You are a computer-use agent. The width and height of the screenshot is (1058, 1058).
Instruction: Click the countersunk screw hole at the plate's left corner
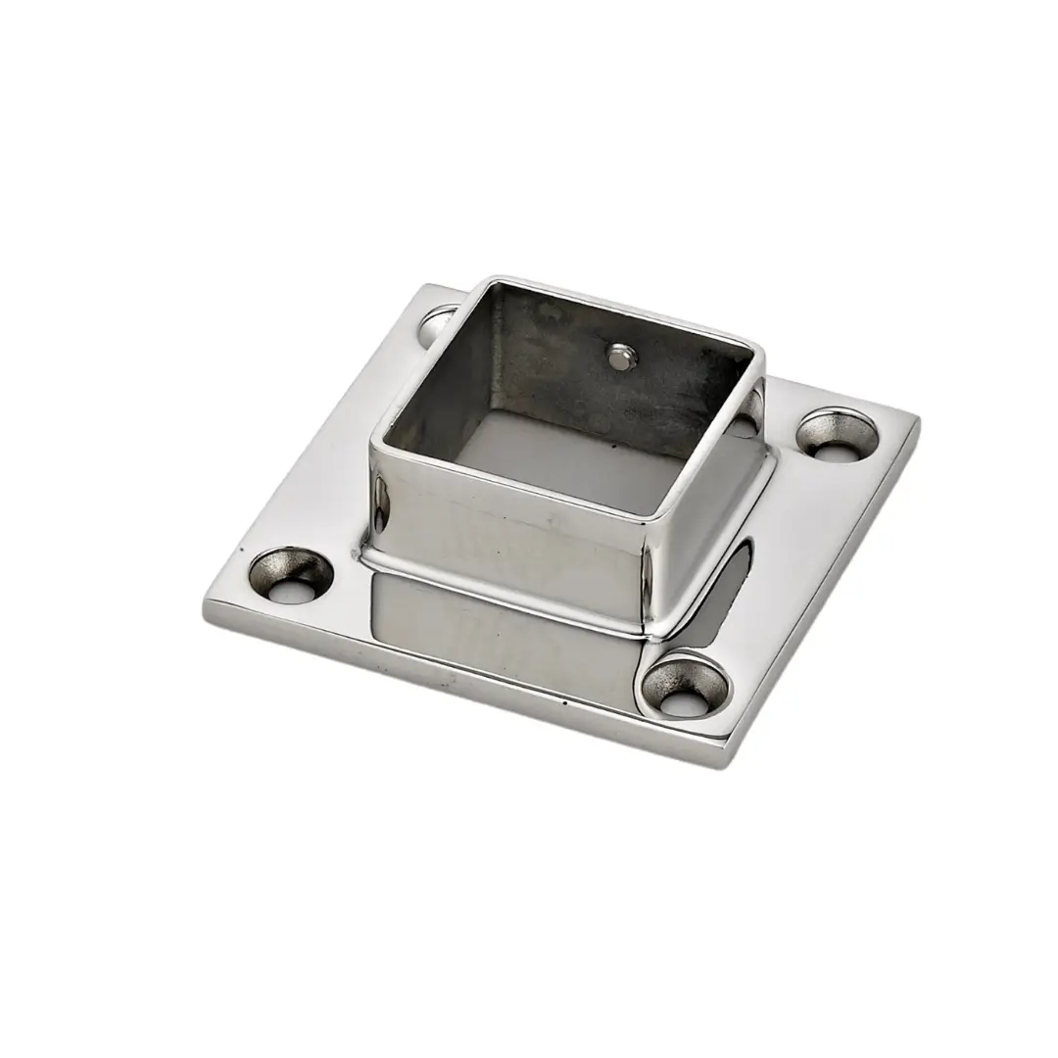(290, 574)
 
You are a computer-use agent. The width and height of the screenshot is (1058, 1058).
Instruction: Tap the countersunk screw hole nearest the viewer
(687, 685)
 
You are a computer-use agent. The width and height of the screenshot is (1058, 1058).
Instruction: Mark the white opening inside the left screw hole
(298, 591)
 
